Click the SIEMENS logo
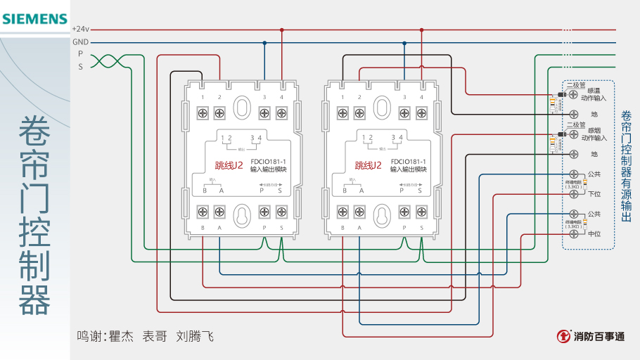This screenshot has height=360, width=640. tap(34, 19)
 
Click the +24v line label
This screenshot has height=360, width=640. tap(80, 30)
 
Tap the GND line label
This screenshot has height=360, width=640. tap(80, 42)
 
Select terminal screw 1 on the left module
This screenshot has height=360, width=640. tap(203, 112)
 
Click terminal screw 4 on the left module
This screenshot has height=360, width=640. tap(281, 112)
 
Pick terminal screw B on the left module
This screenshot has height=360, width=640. tap(203, 212)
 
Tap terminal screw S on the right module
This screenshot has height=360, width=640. tap(421, 212)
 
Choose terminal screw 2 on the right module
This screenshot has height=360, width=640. tap(359, 112)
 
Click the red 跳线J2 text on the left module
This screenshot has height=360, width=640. tap(229, 166)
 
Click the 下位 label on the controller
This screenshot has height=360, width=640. tap(594, 193)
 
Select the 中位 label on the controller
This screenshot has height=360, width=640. tap(594, 233)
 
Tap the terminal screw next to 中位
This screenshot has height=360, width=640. tap(574, 233)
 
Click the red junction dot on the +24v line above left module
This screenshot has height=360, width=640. tap(281, 30)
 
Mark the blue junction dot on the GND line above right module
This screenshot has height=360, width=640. tap(404, 42)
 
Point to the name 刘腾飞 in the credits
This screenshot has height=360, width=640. tap(194, 336)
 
